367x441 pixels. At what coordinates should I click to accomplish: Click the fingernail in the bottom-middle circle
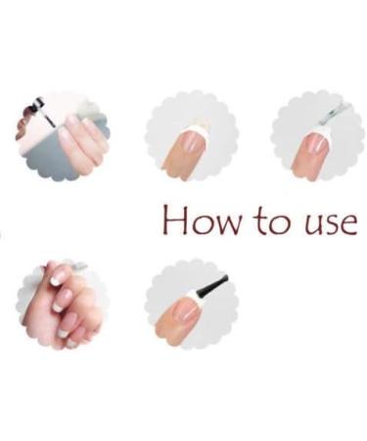[186, 314]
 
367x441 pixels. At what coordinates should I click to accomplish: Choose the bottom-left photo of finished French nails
[63, 304]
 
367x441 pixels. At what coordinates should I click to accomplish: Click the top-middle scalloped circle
[191, 136]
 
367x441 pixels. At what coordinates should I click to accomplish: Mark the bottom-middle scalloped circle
[189, 304]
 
